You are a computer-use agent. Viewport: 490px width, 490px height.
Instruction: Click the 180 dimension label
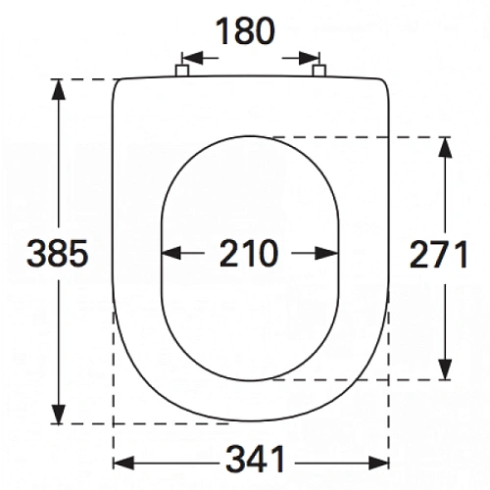click(245, 31)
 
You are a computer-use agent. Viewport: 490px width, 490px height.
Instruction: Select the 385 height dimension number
click(58, 253)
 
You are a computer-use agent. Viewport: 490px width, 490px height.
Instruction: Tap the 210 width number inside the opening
click(249, 253)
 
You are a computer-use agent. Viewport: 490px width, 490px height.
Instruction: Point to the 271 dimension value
click(438, 254)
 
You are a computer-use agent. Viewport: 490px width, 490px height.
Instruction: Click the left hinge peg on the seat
click(182, 71)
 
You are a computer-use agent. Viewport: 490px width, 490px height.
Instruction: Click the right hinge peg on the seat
click(318, 71)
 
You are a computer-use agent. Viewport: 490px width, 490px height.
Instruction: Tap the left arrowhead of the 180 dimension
click(192, 58)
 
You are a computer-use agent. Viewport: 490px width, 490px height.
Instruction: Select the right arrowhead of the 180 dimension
click(309, 58)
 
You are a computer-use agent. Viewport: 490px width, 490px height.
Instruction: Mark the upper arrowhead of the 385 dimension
click(59, 89)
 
